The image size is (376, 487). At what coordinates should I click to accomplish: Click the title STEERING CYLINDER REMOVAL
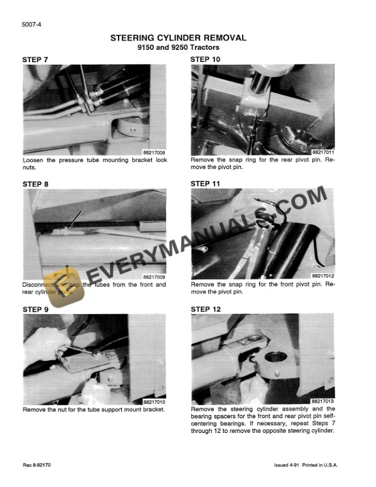click(178, 38)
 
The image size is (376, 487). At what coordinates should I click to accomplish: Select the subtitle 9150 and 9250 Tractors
click(178, 47)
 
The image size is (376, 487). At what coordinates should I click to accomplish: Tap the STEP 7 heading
click(35, 60)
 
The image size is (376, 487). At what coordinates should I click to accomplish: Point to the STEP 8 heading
click(35, 184)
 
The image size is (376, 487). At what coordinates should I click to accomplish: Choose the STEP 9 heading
click(35, 309)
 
